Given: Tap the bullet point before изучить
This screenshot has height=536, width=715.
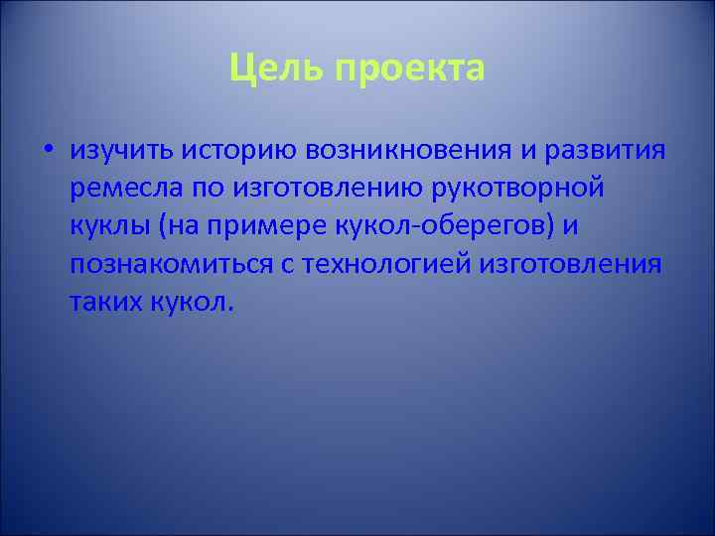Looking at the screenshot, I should (48, 150).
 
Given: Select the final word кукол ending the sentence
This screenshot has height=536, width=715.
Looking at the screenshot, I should (193, 301).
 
